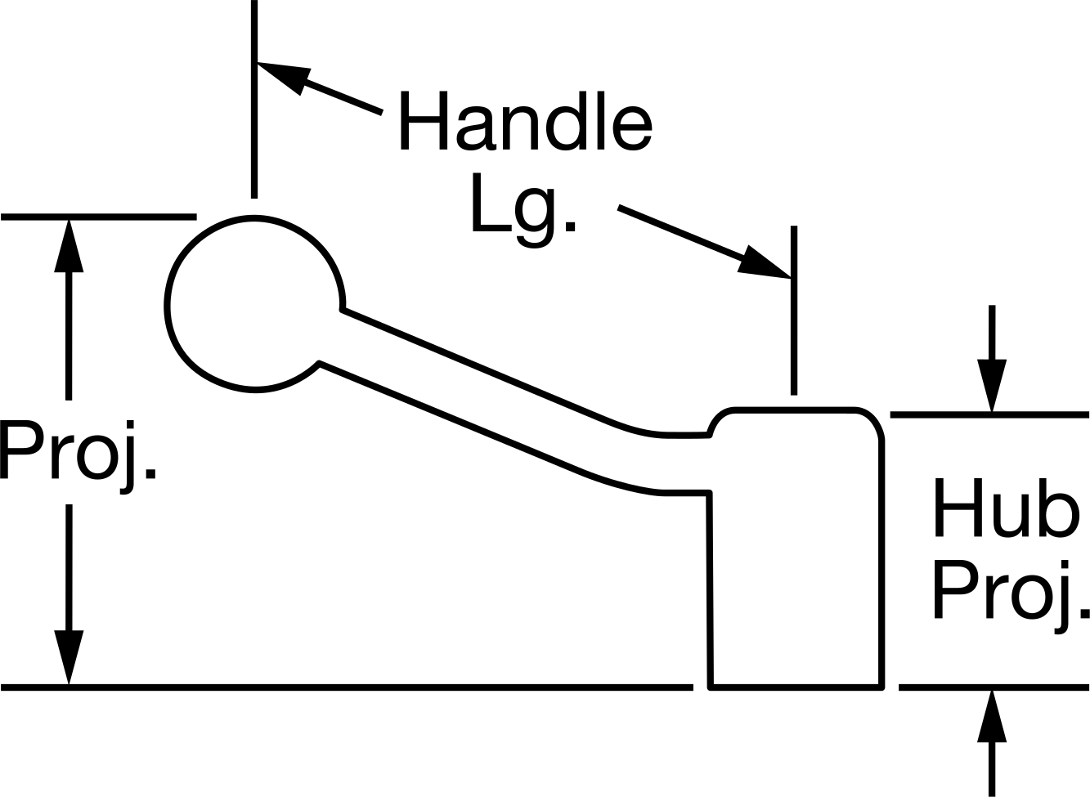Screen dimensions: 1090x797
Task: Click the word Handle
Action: [x=526, y=120]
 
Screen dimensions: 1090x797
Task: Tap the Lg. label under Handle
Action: [x=524, y=210]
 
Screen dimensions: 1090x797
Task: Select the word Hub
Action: [x=1006, y=508]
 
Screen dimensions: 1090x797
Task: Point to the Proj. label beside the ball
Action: [x=78, y=458]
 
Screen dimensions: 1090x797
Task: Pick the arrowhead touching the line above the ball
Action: [x=282, y=77]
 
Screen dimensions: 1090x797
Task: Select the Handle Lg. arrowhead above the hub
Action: [x=765, y=262]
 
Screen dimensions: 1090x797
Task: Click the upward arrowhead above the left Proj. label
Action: [x=69, y=245]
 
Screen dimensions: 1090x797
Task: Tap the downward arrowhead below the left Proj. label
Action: [x=69, y=657]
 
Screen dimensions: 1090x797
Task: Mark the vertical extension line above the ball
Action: [x=254, y=99]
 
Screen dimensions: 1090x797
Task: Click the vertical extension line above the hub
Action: [x=794, y=310]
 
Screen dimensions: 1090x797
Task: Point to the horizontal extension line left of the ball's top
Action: [x=99, y=217]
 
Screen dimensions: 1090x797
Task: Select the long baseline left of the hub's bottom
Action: [x=347, y=687]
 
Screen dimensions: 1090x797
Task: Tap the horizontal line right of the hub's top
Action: [x=989, y=414]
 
